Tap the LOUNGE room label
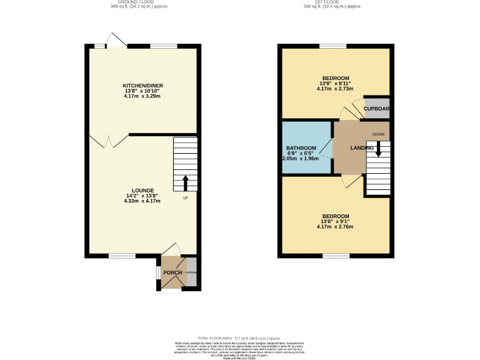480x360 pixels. [x=142, y=190]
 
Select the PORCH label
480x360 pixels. [x=172, y=273]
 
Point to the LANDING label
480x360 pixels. [x=362, y=148]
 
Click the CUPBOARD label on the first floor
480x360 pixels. [x=377, y=109]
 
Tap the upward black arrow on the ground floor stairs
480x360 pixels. [x=186, y=182]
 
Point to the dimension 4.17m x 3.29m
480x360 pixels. [x=142, y=96]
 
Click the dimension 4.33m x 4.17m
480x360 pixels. [x=142, y=201]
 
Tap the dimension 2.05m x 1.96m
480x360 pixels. [x=301, y=159]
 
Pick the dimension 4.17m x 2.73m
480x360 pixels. [x=336, y=89]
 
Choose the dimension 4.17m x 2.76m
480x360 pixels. [x=335, y=227]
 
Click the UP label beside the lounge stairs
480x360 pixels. [x=186, y=198]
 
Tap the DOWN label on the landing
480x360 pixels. [x=379, y=134]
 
